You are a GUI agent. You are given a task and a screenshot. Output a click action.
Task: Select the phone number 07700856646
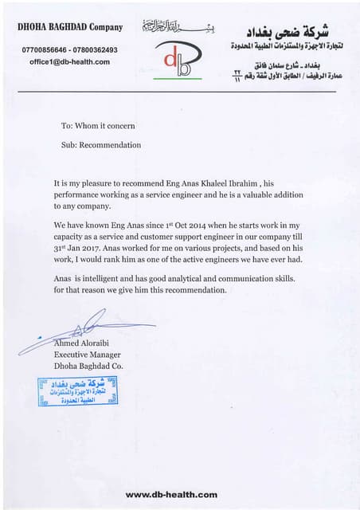pos(43,49)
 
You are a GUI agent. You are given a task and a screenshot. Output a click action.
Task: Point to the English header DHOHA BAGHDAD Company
pos(70,27)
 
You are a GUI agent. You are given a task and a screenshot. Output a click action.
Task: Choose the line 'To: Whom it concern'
pos(97,126)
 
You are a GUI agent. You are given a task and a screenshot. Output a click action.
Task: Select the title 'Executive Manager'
pos(88,355)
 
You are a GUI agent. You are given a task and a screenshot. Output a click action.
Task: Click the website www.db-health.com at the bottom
pos(171,495)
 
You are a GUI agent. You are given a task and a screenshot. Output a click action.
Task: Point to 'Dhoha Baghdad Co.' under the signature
pos(88,366)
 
